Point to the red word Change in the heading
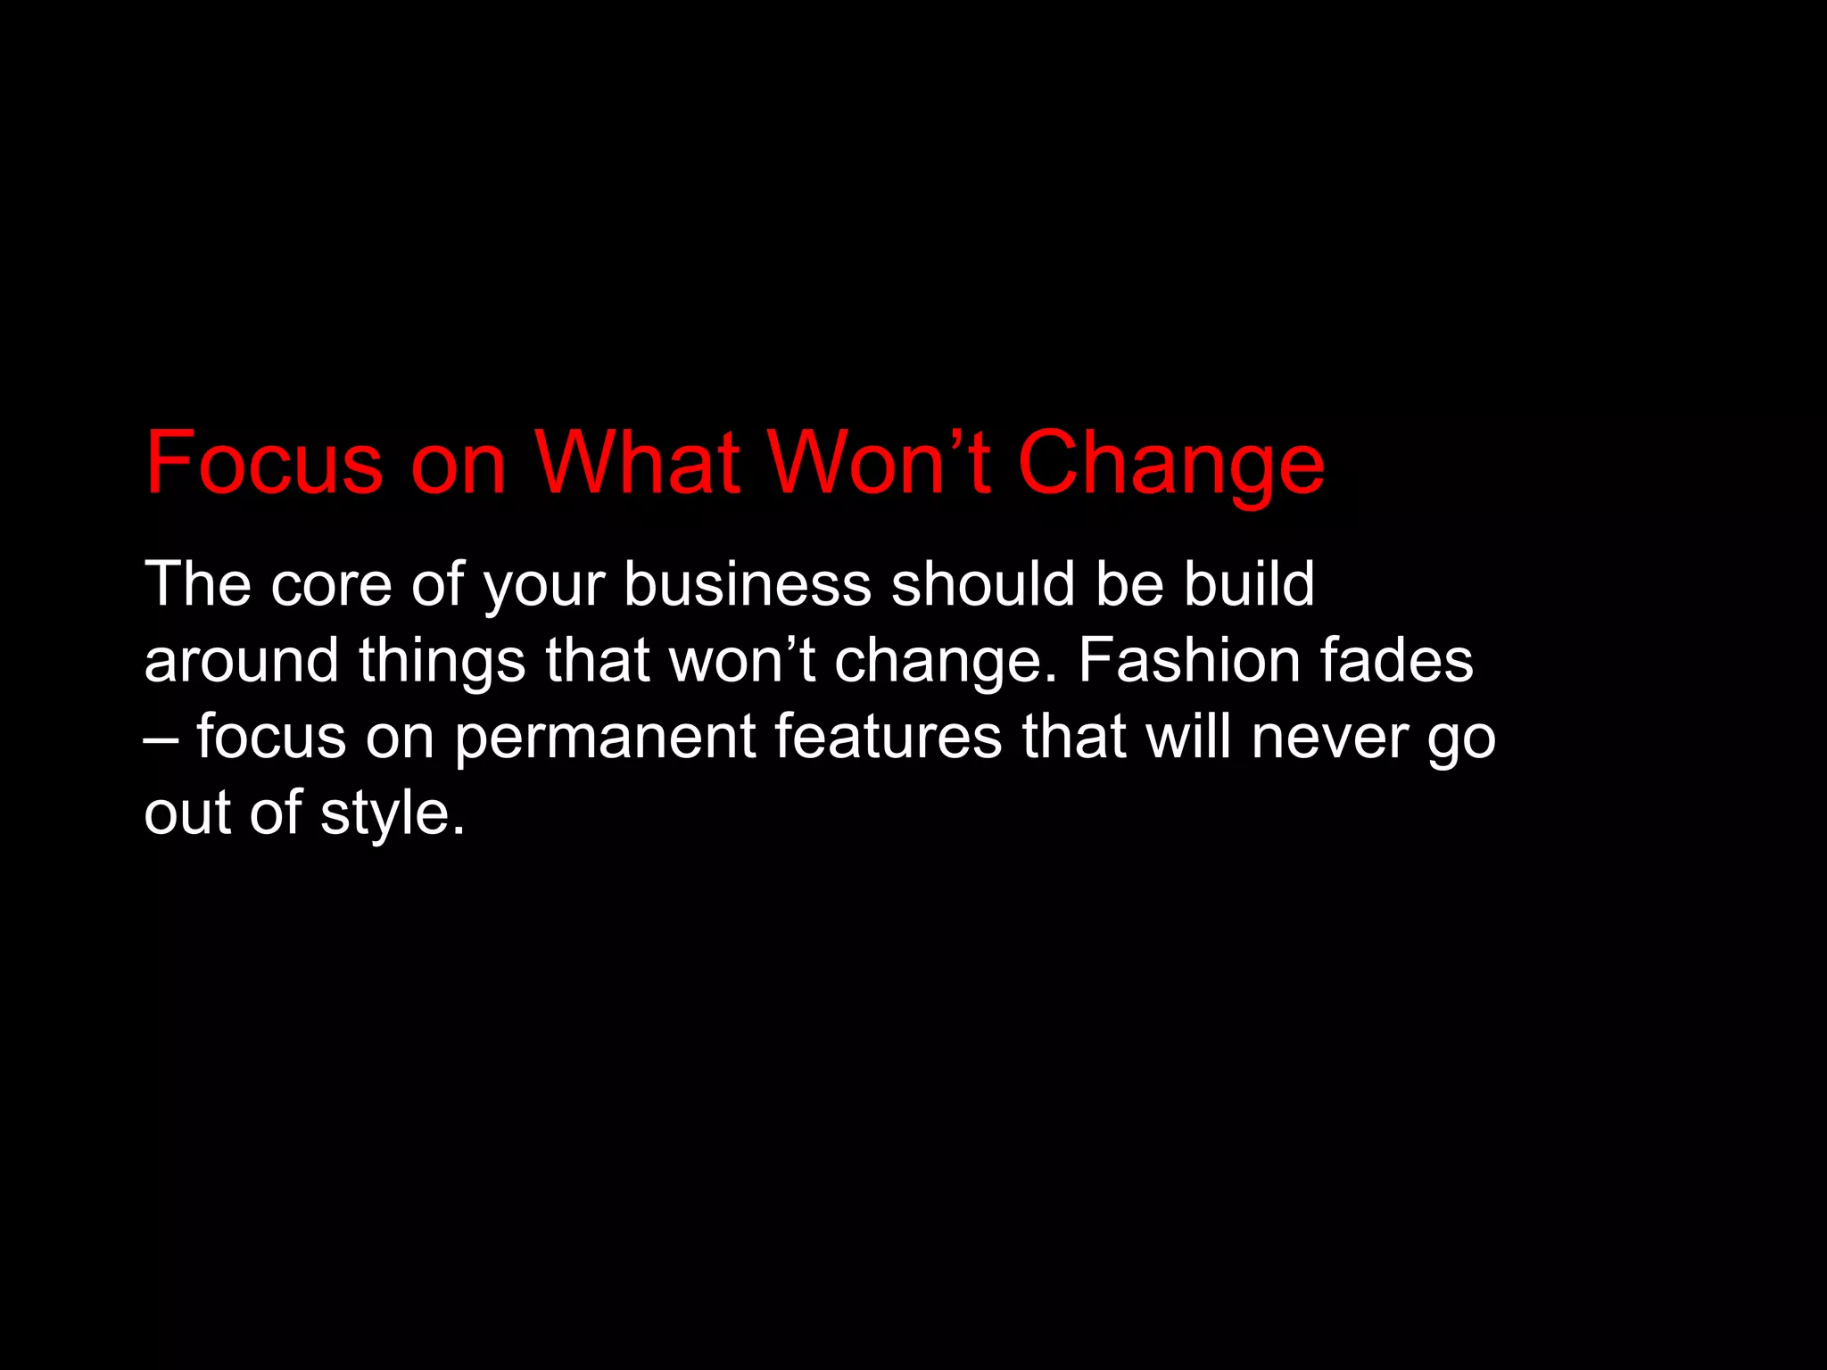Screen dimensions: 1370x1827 pos(1170,464)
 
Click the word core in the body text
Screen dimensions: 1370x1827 pos(331,585)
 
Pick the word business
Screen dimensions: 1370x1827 pos(747,585)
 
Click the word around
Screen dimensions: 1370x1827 pos(241,661)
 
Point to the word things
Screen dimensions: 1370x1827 pos(442,661)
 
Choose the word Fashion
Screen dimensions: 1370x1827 pos(1188,661)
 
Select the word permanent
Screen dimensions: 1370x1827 pos(605,739)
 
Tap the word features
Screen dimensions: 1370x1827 pos(888,737)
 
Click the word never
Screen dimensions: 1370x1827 pos(1328,739)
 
